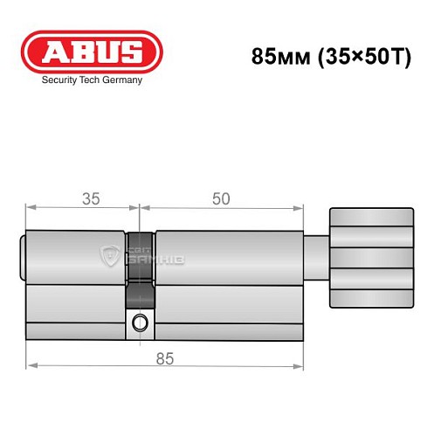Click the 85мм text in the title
pos(272,57)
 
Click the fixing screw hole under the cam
pos(139,324)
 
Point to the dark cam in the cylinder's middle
pos(138,262)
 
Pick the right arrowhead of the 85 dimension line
pos(303,366)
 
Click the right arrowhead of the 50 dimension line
pos(303,209)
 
